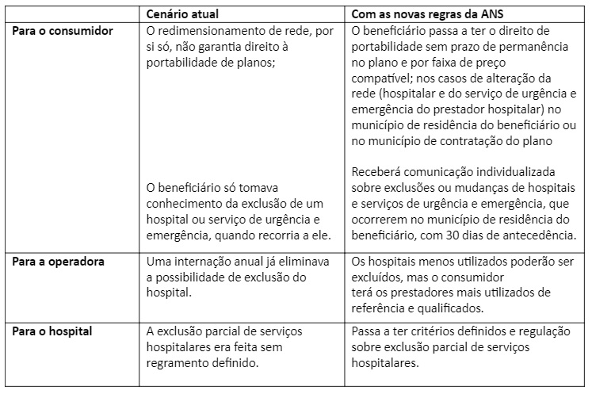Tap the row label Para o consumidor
click(63, 31)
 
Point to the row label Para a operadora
click(60, 261)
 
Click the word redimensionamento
click(220, 31)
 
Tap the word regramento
click(179, 363)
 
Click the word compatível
click(381, 78)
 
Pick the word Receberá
click(376, 172)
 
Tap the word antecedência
click(542, 235)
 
